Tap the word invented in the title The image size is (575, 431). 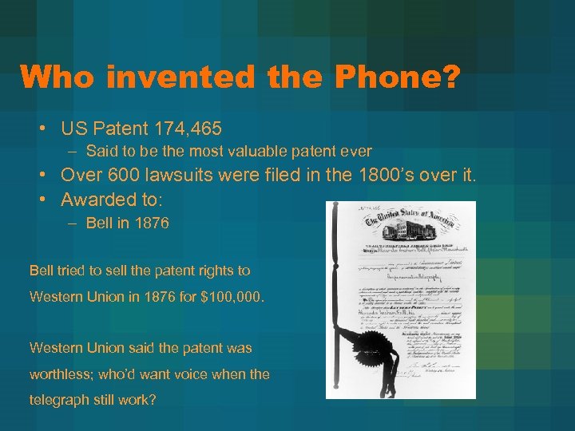pos(172,77)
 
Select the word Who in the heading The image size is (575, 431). pos(57,77)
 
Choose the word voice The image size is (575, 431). pos(183,374)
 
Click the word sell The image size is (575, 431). pos(119,271)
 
